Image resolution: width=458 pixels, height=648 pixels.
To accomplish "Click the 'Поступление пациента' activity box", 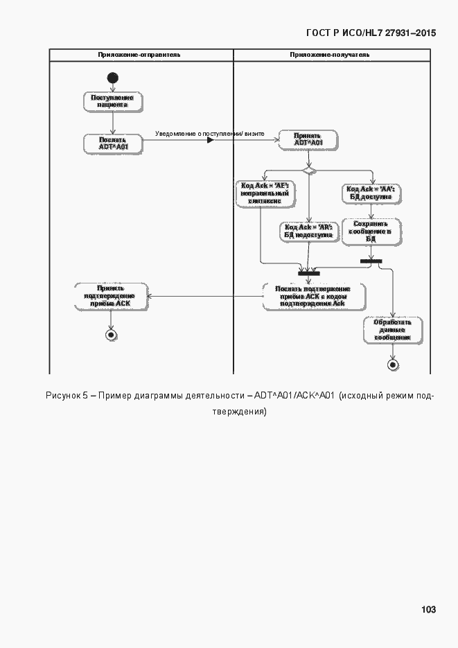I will pyautogui.click(x=112, y=102).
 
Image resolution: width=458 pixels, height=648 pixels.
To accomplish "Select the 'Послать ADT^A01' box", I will pyautogui.click(x=112, y=143).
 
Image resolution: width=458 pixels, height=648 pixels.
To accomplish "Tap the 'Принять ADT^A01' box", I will pyautogui.click(x=308, y=139).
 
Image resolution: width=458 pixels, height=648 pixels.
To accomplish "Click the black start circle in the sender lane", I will pyautogui.click(x=113, y=78).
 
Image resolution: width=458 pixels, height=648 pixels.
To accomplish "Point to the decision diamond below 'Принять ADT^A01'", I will pyautogui.click(x=308, y=168).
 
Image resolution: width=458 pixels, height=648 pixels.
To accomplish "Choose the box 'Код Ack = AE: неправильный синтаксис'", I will pyautogui.click(x=264, y=193).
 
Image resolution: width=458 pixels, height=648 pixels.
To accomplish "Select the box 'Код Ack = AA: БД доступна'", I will pyautogui.click(x=370, y=193).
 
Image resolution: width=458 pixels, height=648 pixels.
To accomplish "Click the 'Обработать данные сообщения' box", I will pyautogui.click(x=392, y=330).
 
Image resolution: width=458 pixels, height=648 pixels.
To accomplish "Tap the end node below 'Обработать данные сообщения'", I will pyautogui.click(x=393, y=364).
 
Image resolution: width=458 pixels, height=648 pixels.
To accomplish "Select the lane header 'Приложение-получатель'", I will pyautogui.click(x=330, y=54).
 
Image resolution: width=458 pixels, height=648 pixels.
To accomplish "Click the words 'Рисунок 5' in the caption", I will pyautogui.click(x=67, y=396).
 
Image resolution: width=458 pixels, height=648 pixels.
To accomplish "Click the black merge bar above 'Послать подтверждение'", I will pyautogui.click(x=308, y=273).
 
